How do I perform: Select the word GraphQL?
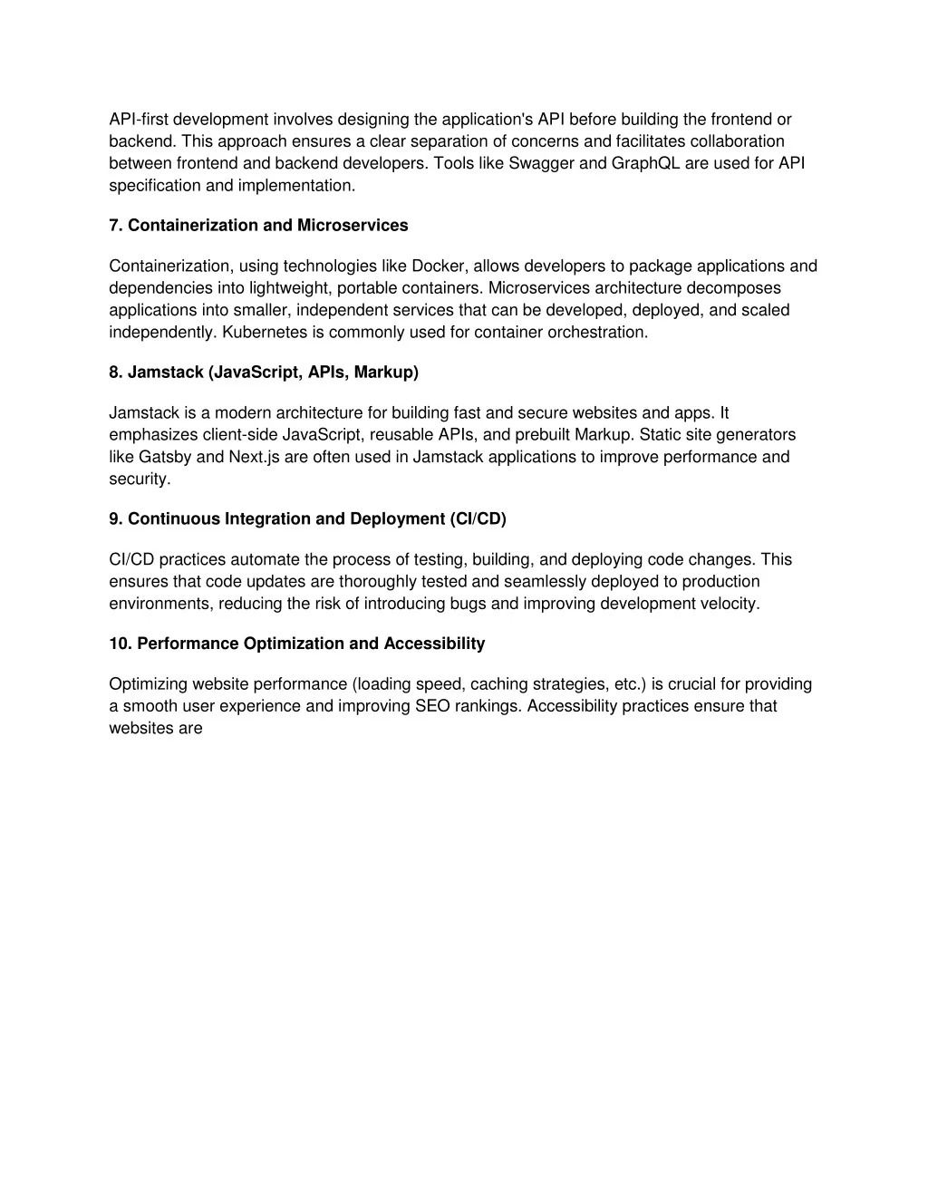click(647, 163)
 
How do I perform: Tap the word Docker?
click(439, 266)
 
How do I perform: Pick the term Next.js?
click(254, 457)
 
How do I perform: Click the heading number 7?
click(115, 226)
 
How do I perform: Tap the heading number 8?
click(115, 373)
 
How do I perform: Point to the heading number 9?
click(115, 519)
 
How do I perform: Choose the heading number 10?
click(119, 644)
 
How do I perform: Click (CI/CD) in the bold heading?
click(478, 519)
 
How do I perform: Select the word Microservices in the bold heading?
click(353, 226)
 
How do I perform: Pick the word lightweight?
click(293, 288)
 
